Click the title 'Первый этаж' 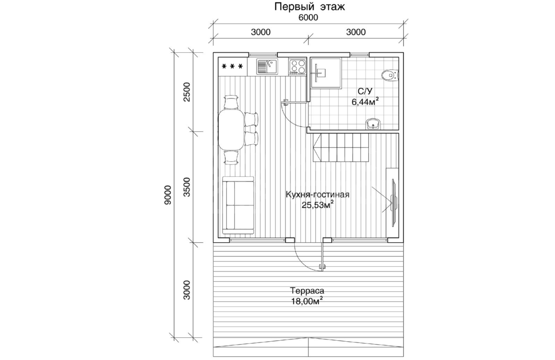[x=309, y=7]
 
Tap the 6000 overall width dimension [x=308, y=18]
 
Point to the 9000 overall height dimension [x=168, y=195]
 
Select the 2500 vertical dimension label [x=187, y=92]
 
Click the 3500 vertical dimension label [x=187, y=187]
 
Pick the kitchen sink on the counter [x=267, y=67]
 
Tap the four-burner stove [x=297, y=66]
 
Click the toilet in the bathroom [x=389, y=75]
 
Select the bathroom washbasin [x=373, y=124]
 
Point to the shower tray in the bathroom [x=326, y=73]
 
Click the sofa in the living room [x=238, y=205]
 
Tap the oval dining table [x=231, y=130]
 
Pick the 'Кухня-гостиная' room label [x=317, y=195]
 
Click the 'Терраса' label [x=307, y=291]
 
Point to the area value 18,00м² [x=307, y=301]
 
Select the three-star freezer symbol [x=232, y=66]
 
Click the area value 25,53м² [x=317, y=205]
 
